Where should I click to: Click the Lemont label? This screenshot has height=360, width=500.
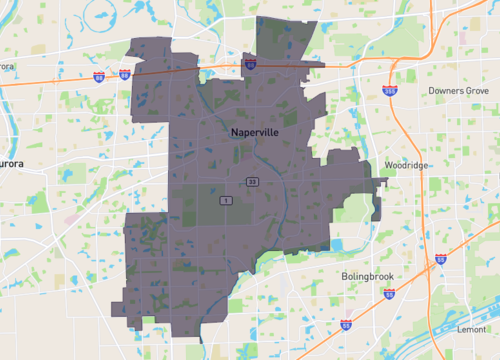tap(471, 328)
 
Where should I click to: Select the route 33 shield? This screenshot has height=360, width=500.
tap(254, 181)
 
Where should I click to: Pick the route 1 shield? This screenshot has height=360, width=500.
tap(227, 201)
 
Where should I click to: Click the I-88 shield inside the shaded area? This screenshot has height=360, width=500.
tap(250, 63)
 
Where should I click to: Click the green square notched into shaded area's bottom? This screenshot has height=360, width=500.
tap(151, 321)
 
